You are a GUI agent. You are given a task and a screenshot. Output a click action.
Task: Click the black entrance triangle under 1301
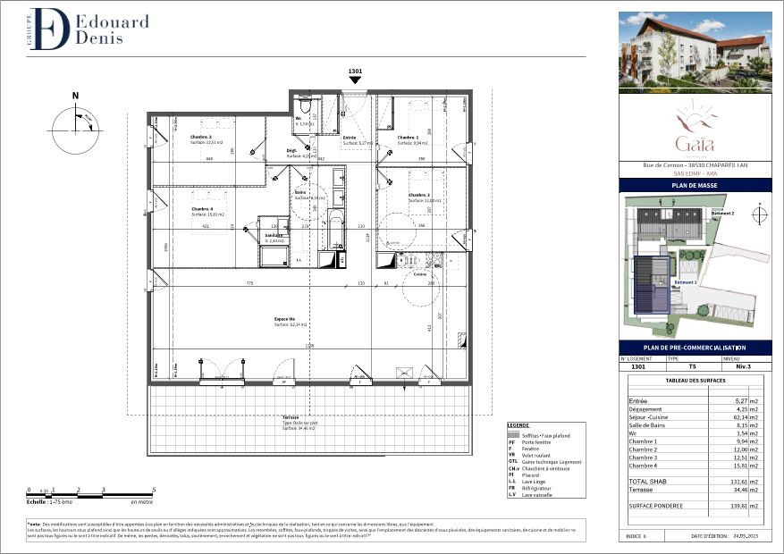[355, 80]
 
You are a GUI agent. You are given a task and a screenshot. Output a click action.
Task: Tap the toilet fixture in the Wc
[306, 108]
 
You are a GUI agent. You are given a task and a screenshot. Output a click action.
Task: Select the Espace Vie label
[285, 319]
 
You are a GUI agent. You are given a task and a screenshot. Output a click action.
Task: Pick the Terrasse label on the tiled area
[291, 417]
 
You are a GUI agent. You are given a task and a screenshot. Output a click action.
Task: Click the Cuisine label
[419, 274]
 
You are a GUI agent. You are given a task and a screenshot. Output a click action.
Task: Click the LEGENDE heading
[518, 424]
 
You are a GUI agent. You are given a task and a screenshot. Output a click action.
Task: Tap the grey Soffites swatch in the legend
[514, 434]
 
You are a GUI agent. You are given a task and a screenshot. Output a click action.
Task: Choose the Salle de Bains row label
[650, 425]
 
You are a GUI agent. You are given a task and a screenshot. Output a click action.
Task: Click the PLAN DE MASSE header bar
[695, 185]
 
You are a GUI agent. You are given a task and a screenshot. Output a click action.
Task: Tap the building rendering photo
[695, 52]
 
